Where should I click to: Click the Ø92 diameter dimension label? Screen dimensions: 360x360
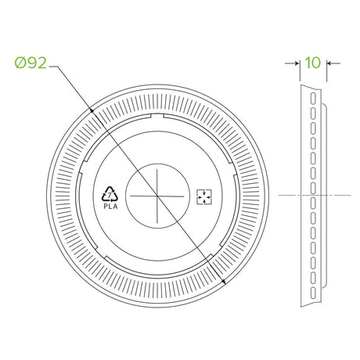click(31, 63)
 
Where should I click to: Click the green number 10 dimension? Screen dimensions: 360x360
click(313, 63)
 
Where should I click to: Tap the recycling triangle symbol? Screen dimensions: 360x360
click(110, 194)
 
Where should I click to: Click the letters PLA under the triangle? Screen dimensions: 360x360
click(110, 207)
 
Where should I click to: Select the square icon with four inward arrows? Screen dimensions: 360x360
click(204, 197)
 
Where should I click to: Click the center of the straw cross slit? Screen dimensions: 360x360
click(157, 196)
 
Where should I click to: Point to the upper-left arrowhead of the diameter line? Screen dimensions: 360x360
click(92, 110)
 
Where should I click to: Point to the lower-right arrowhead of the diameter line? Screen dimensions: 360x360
click(223, 282)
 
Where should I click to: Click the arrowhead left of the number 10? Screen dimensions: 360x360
click(297, 63)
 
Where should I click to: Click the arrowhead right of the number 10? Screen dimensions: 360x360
click(329, 63)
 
